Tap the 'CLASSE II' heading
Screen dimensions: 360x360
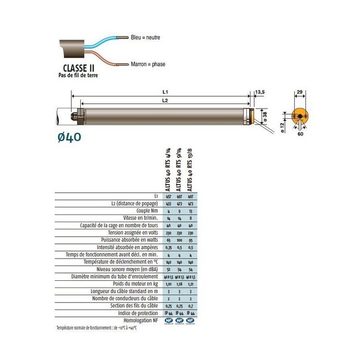point(78,68)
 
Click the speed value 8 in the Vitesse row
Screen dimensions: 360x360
point(191,218)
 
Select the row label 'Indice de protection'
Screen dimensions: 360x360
point(137,313)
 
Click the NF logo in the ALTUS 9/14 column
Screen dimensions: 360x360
point(179,320)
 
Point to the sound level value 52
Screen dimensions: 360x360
point(168,268)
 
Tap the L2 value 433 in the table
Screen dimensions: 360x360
point(168,204)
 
